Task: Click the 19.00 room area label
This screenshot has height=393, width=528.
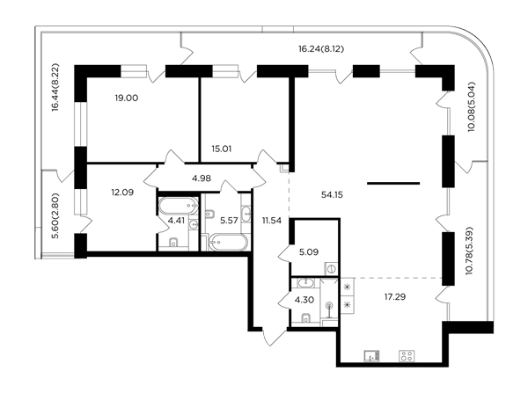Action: click(126, 98)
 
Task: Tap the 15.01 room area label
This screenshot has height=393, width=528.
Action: click(221, 149)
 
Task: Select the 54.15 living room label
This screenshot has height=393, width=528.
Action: click(332, 195)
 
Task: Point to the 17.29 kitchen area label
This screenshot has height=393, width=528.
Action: click(395, 297)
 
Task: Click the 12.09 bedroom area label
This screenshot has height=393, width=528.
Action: click(122, 193)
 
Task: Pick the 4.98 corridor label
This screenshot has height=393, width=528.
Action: click(202, 178)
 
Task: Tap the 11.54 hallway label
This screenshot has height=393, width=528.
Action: click(272, 221)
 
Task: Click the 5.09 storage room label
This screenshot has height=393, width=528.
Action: click(309, 252)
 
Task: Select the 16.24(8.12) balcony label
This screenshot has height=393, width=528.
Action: click(321, 49)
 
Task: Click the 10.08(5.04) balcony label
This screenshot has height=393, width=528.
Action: click(472, 106)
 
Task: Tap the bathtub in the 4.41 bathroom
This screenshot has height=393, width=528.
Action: click(179, 206)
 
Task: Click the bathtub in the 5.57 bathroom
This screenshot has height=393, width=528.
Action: click(228, 242)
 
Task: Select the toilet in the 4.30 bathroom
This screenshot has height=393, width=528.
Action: click(306, 317)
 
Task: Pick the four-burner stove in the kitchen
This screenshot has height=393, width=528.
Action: click(407, 356)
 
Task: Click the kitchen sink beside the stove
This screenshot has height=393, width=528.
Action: click(371, 356)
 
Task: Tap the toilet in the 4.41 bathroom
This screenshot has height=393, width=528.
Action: click(173, 243)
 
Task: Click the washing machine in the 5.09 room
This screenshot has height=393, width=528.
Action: click(332, 269)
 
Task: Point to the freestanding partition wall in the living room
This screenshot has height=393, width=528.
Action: click(393, 184)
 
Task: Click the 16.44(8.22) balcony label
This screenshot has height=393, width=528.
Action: click(56, 87)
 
